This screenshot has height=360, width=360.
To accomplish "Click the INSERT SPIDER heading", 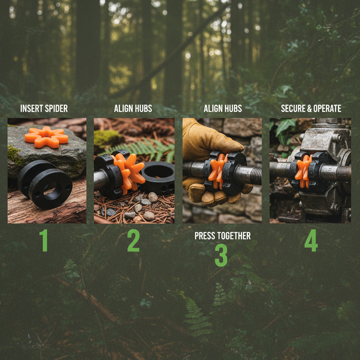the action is point(44,108).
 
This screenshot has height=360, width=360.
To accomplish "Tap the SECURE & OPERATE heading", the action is point(311,108).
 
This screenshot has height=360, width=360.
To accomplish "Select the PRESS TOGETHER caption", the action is point(223,236).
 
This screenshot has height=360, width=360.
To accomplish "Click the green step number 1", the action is point(44,240).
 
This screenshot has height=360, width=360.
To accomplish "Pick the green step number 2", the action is point(133,240).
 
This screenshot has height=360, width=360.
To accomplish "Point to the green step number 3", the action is point(221,255).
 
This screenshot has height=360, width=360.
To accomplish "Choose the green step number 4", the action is point(311,240).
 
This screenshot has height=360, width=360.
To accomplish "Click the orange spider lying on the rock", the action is point(46,137).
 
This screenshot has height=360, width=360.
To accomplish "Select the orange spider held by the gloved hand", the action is point(217,171).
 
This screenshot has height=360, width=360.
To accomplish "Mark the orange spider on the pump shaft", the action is point(303,171).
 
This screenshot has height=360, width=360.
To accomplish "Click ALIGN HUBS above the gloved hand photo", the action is point(223,108).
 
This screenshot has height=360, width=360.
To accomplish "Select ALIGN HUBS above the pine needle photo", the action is point(133,108).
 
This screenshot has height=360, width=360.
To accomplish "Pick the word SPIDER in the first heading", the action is point(56,108).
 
